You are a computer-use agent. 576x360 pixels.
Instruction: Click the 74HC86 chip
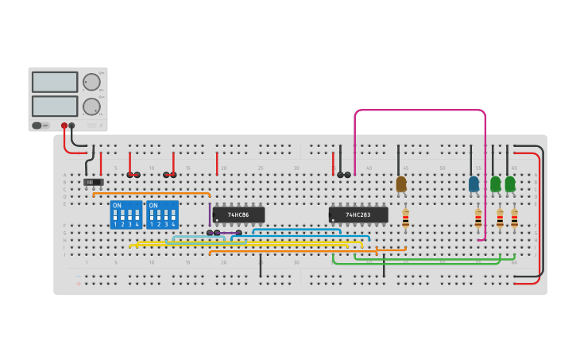[x=238, y=215]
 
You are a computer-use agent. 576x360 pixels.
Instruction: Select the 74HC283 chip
[x=358, y=215]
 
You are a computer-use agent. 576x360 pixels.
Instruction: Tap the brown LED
[x=400, y=184]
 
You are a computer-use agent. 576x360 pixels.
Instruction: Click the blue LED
[x=474, y=184]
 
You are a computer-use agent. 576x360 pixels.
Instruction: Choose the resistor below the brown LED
[x=405, y=218]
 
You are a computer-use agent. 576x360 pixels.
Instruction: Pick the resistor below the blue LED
[x=477, y=218]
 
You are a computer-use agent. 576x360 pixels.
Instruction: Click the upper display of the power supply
[x=55, y=82]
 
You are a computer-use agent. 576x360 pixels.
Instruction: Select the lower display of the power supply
[x=55, y=106]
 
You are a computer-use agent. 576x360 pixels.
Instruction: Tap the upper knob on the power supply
[x=91, y=82]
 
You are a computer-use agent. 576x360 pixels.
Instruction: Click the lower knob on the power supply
[x=91, y=106]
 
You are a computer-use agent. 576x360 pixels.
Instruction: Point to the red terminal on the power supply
[x=64, y=126]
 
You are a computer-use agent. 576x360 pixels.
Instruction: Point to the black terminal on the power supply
[x=72, y=126]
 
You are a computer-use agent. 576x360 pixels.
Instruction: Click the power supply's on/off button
[x=37, y=126]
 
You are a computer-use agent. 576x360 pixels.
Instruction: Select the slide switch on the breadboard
[x=93, y=182]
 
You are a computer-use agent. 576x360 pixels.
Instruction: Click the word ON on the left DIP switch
[x=118, y=206]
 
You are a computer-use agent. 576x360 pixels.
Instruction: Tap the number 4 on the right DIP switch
[x=172, y=225]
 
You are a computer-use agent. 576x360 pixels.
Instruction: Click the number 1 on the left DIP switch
[x=115, y=225]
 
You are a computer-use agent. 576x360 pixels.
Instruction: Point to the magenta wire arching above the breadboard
[x=419, y=110]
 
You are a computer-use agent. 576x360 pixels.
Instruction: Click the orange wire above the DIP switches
[x=151, y=193]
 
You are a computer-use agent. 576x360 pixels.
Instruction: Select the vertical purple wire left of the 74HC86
[x=210, y=215]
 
